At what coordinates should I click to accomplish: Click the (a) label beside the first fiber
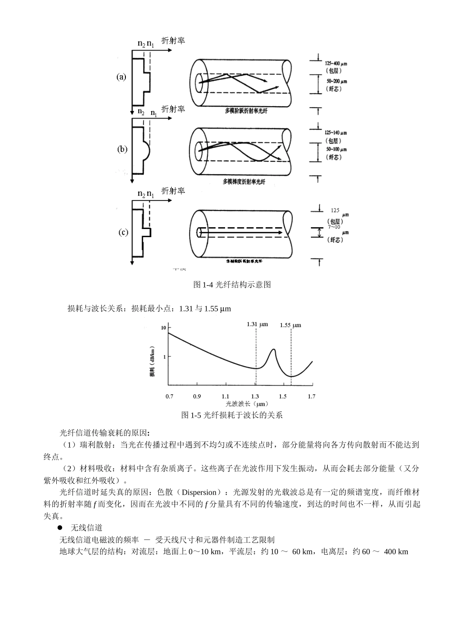click(x=122, y=77)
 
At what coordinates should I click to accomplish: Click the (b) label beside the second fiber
click(x=123, y=149)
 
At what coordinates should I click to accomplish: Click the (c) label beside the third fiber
click(x=123, y=232)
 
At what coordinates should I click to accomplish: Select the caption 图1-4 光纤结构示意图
click(x=232, y=285)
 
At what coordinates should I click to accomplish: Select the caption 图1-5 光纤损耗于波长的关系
click(x=232, y=415)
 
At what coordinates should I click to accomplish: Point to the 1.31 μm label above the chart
click(x=257, y=324)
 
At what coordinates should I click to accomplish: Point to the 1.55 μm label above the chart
click(x=290, y=325)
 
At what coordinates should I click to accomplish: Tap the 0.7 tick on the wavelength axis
click(x=169, y=396)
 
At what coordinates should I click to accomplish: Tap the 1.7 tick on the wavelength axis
click(x=312, y=396)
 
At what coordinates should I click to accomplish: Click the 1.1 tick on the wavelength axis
click(x=226, y=396)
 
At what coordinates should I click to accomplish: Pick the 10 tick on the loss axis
click(x=164, y=328)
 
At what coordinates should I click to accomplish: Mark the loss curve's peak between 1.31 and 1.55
click(x=273, y=350)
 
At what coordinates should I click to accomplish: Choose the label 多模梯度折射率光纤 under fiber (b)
click(x=244, y=181)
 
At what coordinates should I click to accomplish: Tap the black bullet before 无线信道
click(x=60, y=528)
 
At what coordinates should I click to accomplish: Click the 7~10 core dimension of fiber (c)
click(x=334, y=227)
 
